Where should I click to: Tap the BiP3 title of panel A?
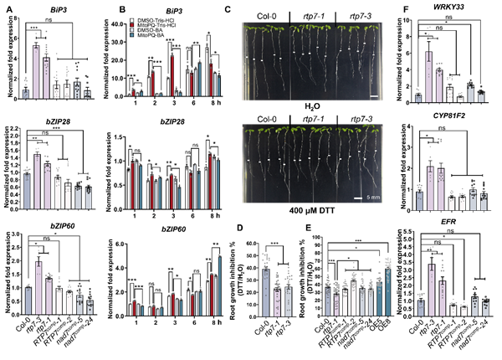coord(61,11)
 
